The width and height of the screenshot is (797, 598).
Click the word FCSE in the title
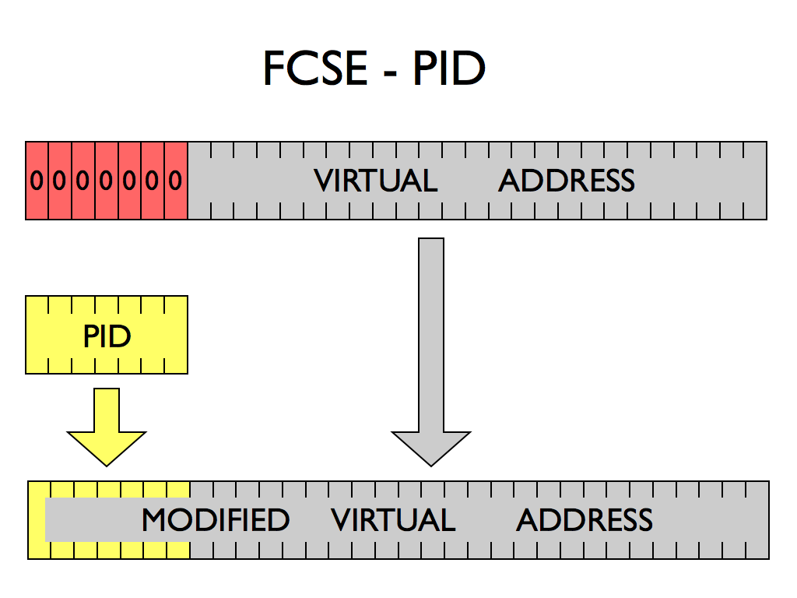(315, 69)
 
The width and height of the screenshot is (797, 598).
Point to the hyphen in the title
(389, 72)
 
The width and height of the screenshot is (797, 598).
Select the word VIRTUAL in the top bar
(376, 181)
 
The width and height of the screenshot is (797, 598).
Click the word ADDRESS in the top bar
(567, 181)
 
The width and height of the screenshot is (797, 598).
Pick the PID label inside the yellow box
(107, 336)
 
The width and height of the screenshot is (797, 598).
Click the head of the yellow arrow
(107, 446)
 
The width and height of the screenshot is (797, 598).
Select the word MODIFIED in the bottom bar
(216, 520)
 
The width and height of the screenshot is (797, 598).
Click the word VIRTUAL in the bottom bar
(393, 520)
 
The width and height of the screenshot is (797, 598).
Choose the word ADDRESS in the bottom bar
(585, 520)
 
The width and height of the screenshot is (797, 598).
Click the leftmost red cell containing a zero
(37, 181)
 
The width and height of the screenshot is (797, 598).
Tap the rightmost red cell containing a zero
(176, 181)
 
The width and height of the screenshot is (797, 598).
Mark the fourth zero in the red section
(107, 181)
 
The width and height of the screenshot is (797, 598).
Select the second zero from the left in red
(60, 181)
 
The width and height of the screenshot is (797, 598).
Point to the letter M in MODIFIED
(156, 520)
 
